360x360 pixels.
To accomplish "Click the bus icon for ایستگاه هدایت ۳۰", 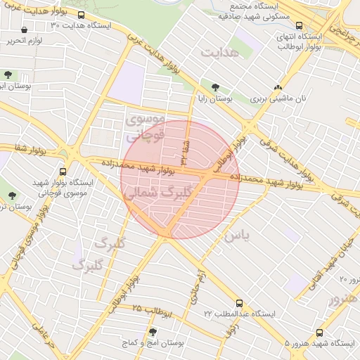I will point(82,15).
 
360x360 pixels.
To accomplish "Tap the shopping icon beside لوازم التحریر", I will point(25,30).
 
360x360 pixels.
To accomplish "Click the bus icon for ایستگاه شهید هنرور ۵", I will point(320,331).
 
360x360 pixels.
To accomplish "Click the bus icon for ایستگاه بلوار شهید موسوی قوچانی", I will point(64,171).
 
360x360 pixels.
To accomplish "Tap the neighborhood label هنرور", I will point(343,300).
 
